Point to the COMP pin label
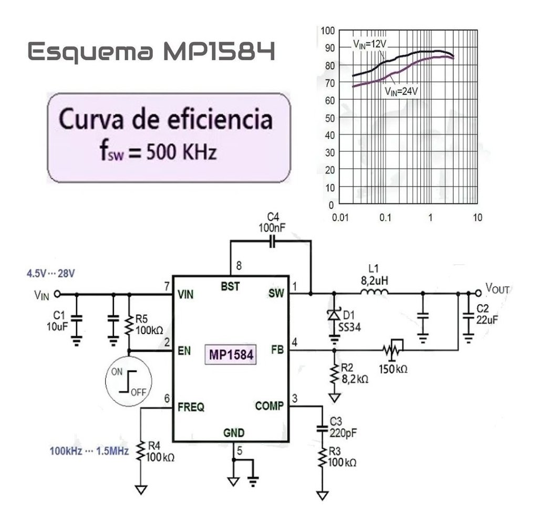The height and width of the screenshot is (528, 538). pos(270,406)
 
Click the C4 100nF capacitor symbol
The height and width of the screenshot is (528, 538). pos(271,242)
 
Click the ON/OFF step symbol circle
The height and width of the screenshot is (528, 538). pos(128,380)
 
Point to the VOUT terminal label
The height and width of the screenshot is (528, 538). pos(497,288)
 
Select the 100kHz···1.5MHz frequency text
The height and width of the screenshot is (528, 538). pos(89,451)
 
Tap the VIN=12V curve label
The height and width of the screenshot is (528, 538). pos(369,44)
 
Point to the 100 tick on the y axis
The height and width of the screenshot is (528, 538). pos(327,30)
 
